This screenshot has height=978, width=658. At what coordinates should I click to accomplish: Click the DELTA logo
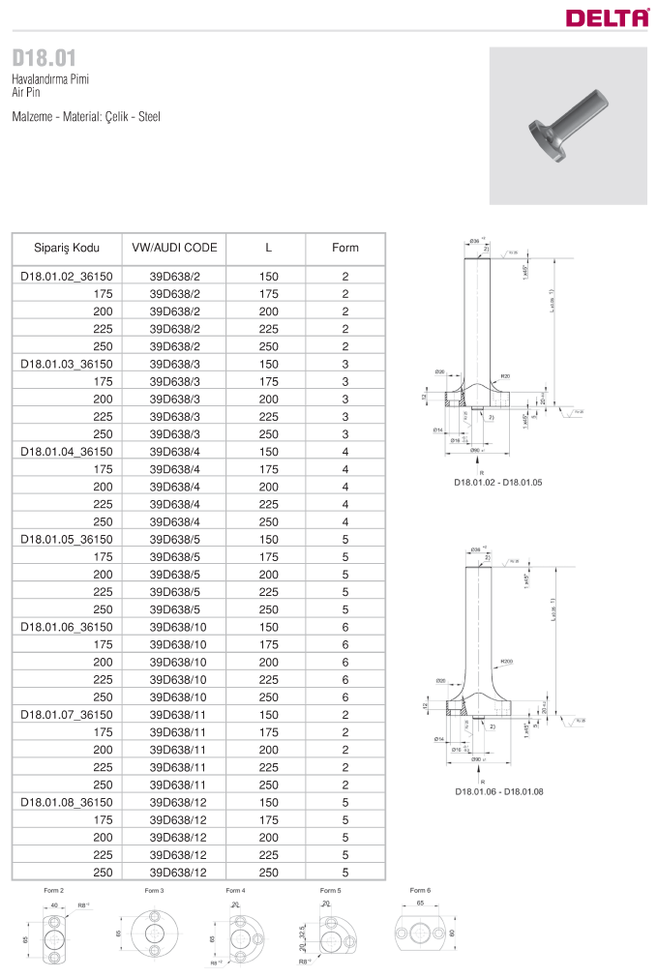point(607,16)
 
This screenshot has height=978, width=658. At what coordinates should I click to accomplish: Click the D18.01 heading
point(44,57)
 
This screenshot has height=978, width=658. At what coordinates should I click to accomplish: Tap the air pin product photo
point(568,126)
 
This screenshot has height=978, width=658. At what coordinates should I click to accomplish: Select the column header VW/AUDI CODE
point(174,248)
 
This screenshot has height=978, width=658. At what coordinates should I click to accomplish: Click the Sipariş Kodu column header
point(67,248)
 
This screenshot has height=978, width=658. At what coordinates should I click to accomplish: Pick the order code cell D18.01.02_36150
point(67,277)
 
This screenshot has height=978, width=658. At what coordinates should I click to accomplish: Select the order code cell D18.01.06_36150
point(67,627)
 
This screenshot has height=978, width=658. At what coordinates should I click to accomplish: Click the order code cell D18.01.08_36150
point(67,802)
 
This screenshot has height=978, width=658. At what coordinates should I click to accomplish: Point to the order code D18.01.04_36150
point(67,452)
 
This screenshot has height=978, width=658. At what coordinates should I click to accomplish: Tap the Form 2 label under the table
point(54,890)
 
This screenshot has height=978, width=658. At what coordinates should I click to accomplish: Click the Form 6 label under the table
point(420,890)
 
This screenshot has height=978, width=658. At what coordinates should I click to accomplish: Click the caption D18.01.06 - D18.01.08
point(498,790)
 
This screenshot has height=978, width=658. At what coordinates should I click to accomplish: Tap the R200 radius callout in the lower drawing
point(505,662)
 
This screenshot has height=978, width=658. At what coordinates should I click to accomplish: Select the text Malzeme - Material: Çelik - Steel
point(86,116)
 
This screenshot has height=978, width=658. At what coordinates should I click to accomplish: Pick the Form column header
point(344,248)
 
